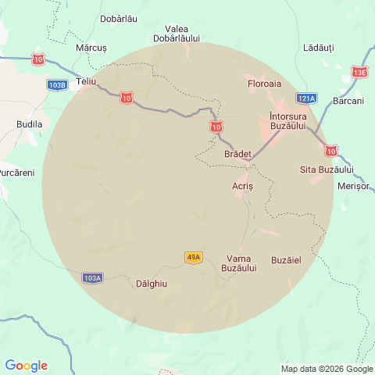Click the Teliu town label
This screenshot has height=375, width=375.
tap(86, 81)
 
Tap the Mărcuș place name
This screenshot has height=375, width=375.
tap(91, 48)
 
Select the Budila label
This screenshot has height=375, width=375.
tap(30, 124)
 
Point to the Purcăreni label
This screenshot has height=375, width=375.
tap(16, 172)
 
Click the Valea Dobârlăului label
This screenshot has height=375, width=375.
tap(177, 34)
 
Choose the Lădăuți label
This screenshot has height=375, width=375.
tap(318, 48)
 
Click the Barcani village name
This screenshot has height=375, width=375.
tap(348, 101)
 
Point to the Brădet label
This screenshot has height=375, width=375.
tap(238, 155)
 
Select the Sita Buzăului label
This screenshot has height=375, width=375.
tap(327, 170)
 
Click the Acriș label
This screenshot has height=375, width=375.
tap(243, 187)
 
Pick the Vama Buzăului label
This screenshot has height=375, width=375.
tap(239, 263)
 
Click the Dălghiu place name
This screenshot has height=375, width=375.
tap(152, 284)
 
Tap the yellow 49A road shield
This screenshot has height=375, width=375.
tap(194, 257)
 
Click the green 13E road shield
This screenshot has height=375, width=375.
tap(359, 73)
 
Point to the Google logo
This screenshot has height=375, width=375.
tap(26, 366)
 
